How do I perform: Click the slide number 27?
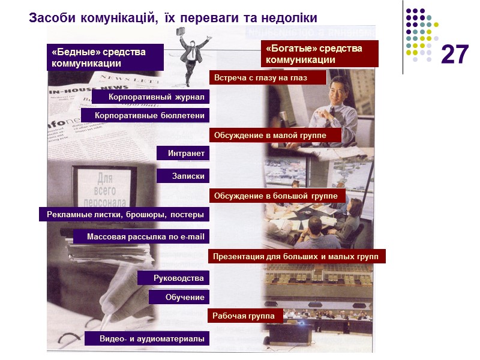(454, 55)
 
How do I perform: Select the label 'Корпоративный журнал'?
(150, 97)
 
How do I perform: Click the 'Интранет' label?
(182, 154)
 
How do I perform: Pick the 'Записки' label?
(182, 176)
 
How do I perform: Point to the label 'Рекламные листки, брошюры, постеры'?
(124, 214)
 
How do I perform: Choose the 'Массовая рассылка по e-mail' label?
(141, 237)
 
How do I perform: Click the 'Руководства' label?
(173, 278)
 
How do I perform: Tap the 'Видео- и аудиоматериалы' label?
(146, 339)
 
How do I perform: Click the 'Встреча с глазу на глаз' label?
(267, 77)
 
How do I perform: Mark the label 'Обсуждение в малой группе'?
(275, 135)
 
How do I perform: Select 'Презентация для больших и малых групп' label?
(296, 257)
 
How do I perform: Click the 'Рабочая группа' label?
(245, 316)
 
